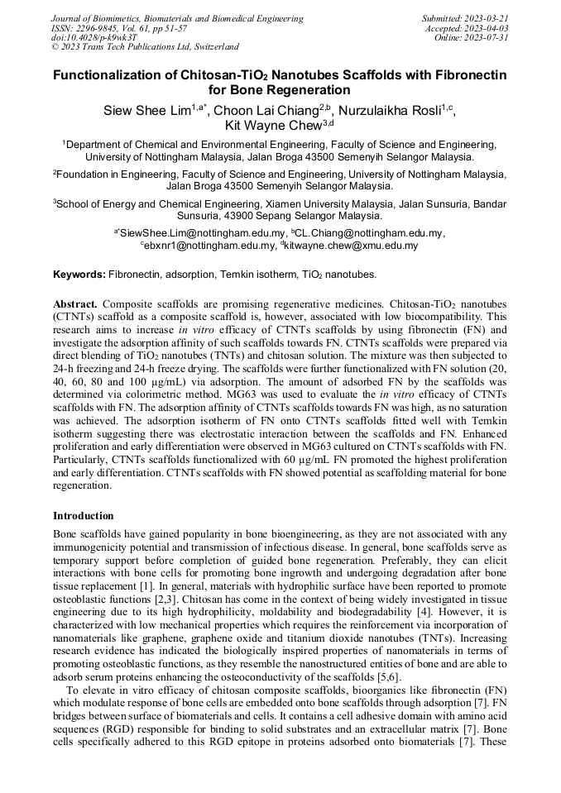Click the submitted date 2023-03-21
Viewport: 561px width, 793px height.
point(483,18)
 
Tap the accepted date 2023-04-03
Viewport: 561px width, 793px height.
point(484,28)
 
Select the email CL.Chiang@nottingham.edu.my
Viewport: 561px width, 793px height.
point(372,233)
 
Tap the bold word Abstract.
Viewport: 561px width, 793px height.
point(75,304)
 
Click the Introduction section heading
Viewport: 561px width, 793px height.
point(84,515)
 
